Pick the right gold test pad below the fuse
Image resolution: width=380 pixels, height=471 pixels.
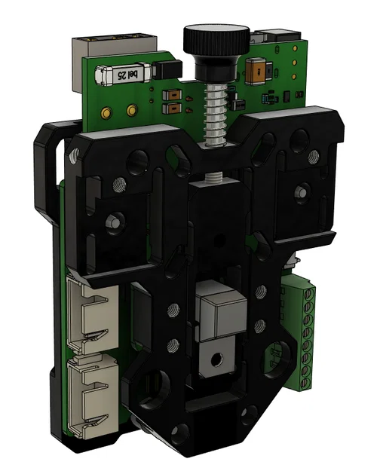[x=132, y=112]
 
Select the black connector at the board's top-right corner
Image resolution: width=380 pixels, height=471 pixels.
[x=280, y=35]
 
